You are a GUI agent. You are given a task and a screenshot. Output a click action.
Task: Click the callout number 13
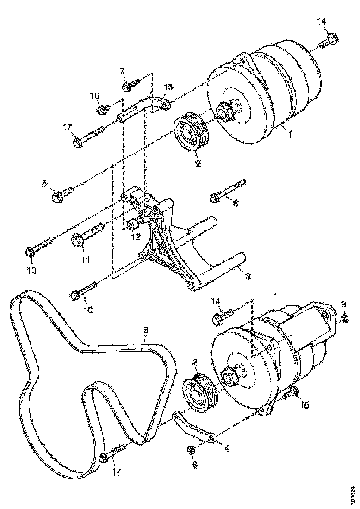(168, 87)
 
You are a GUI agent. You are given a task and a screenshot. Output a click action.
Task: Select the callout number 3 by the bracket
(248, 276)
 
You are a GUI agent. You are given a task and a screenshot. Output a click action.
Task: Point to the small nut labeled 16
(102, 110)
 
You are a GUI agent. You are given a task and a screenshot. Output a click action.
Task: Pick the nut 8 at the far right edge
(344, 319)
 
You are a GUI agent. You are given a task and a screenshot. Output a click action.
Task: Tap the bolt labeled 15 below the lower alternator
(292, 394)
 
